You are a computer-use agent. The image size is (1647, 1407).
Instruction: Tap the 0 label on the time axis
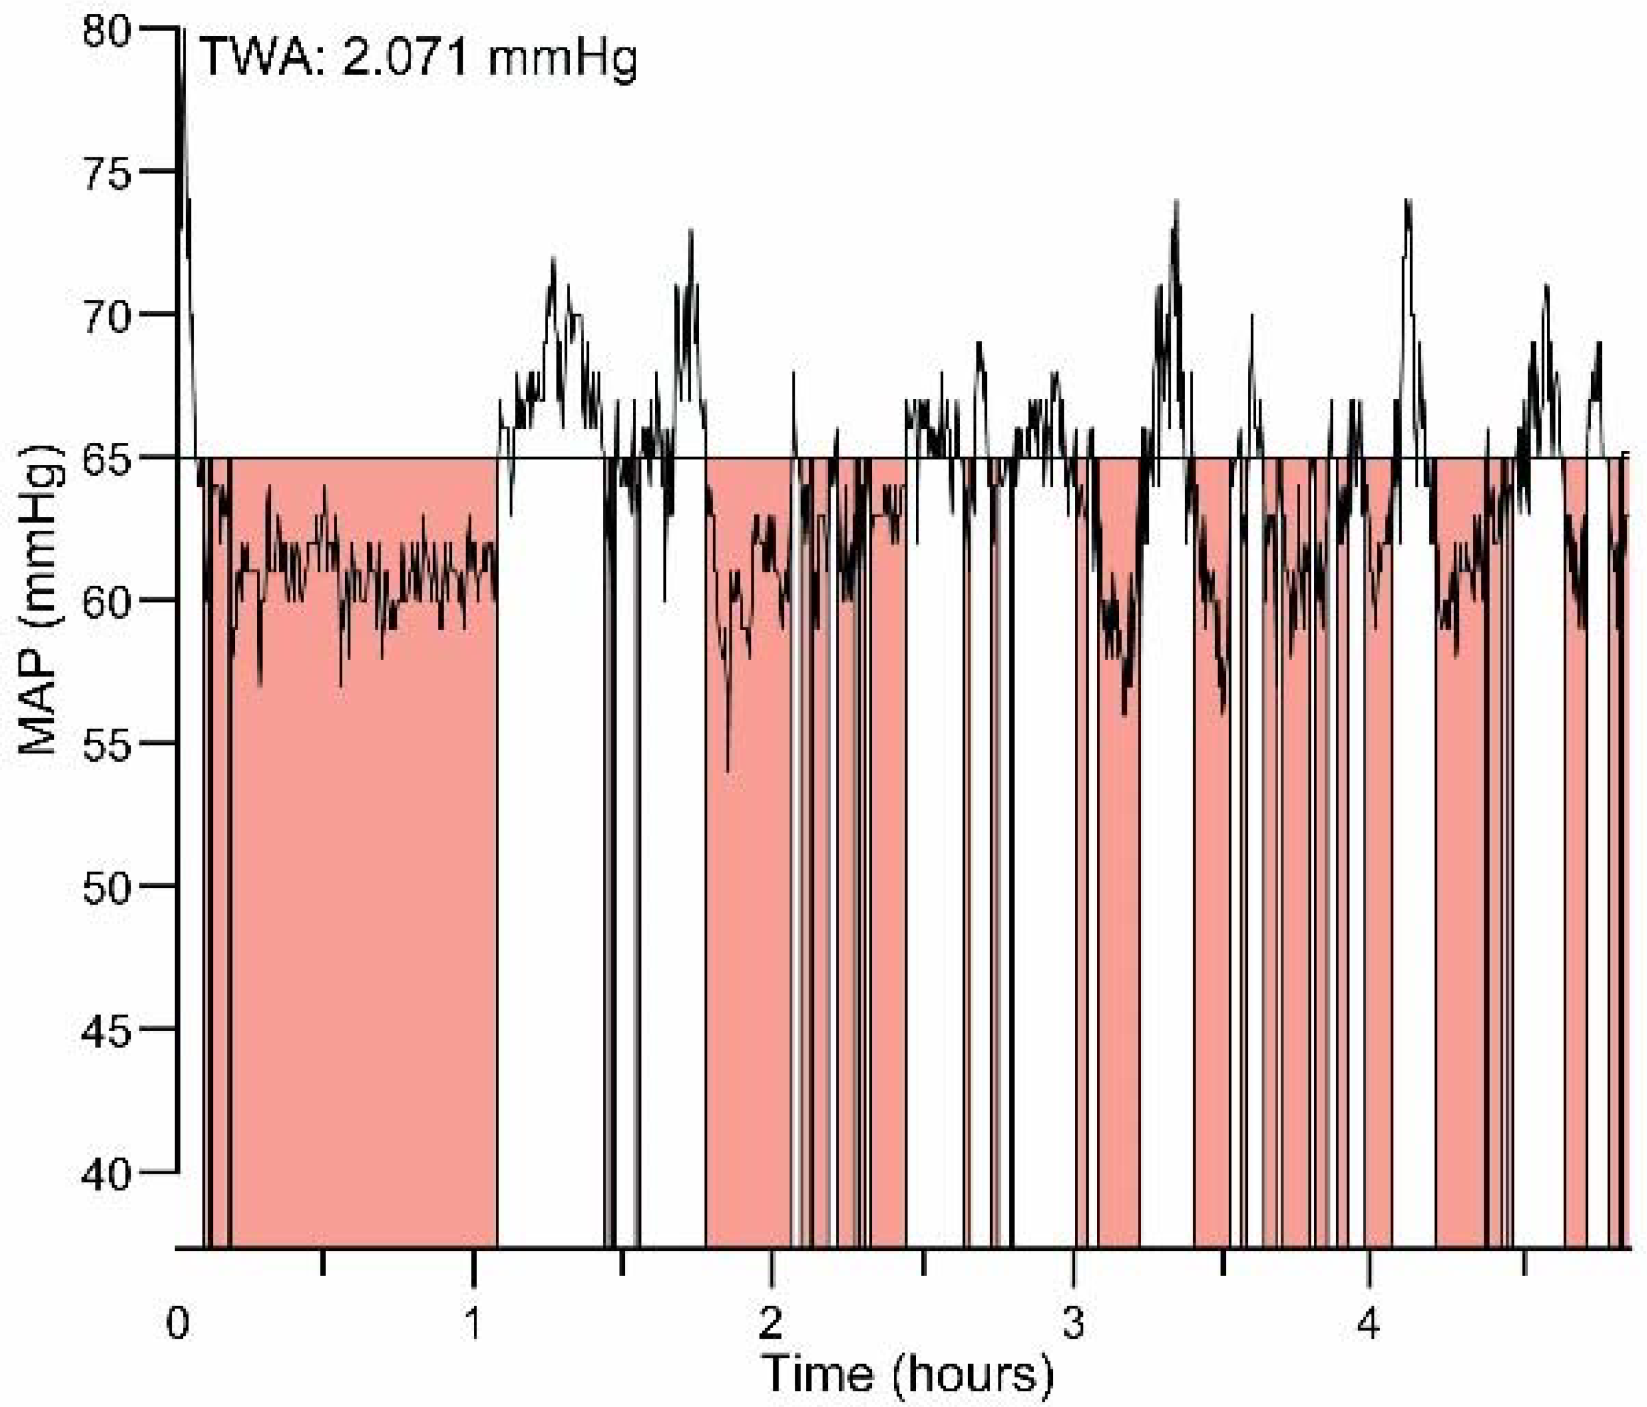click(177, 1323)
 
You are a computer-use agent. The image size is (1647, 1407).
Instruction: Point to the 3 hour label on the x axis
click(1074, 1323)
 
